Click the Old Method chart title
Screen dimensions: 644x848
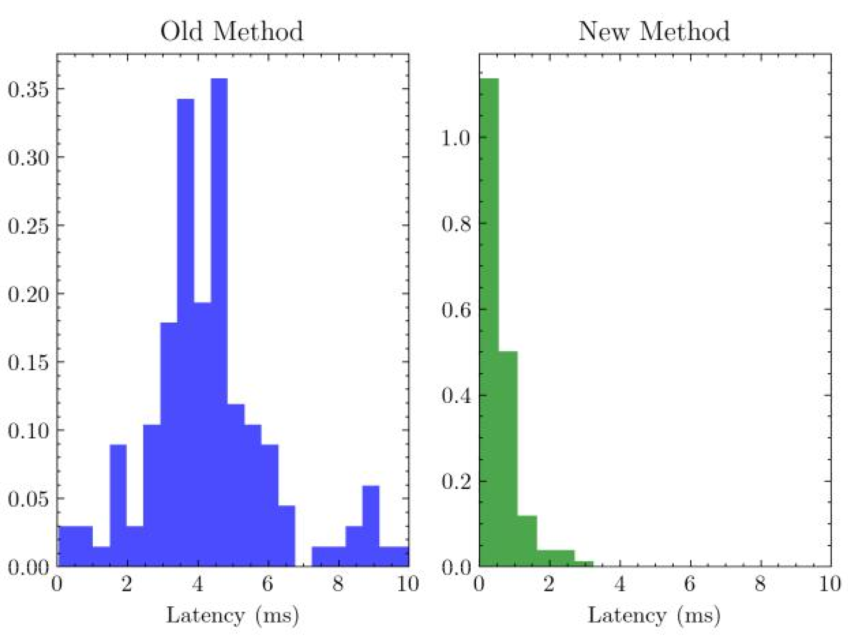[x=231, y=31]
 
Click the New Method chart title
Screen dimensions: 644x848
[x=654, y=31]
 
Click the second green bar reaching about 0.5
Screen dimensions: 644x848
[x=508, y=458]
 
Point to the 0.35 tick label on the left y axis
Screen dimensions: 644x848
[x=29, y=90]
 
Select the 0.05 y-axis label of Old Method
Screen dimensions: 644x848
[x=29, y=499]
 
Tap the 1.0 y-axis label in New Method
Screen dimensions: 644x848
[x=456, y=137]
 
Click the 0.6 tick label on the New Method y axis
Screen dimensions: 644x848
[x=456, y=309]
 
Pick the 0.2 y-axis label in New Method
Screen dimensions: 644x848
[x=456, y=481]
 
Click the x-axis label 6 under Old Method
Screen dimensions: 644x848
[x=268, y=584]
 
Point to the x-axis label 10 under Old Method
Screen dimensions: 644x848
[x=408, y=584]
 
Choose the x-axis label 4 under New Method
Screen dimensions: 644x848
[x=619, y=584]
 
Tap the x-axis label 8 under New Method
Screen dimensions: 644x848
[x=760, y=584]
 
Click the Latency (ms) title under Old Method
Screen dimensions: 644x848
[x=232, y=615]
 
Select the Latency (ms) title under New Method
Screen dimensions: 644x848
[x=654, y=615]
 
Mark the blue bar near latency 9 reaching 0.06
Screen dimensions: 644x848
[x=371, y=526]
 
